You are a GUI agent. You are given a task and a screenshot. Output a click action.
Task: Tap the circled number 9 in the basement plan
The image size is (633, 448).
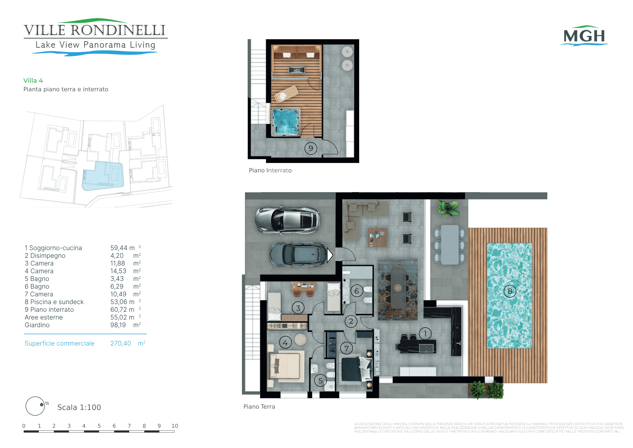click(311, 148)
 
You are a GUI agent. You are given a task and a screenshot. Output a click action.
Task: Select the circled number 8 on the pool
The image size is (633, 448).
click(510, 291)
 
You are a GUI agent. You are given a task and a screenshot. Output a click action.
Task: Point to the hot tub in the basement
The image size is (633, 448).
click(285, 122)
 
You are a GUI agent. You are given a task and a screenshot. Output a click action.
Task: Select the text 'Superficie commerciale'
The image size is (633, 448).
click(60, 343)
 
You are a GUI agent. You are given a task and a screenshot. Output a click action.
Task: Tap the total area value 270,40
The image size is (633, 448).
click(120, 343)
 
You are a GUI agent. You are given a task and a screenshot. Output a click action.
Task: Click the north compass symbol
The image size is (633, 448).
click(35, 406)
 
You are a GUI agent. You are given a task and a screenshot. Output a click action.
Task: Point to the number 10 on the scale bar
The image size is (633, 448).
click(174, 426)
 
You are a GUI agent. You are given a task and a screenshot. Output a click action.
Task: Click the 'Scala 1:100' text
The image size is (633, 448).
click(79, 408)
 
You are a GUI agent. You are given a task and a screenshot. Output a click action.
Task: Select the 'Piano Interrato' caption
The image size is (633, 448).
click(270, 171)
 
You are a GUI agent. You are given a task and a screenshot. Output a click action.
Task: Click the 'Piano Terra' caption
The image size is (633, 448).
click(259, 406)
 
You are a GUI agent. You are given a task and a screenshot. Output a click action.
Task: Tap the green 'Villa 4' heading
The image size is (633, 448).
click(33, 81)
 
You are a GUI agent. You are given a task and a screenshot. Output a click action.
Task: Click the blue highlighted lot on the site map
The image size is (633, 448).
click(103, 176)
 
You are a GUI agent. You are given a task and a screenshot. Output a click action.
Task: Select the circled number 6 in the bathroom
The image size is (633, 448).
click(357, 291)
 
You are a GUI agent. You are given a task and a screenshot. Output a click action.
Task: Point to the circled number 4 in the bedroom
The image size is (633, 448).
click(285, 343)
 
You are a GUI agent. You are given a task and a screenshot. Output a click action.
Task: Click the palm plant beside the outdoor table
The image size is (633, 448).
click(448, 208)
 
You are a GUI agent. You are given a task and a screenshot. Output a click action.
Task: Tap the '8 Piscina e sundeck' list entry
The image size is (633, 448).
click(54, 302)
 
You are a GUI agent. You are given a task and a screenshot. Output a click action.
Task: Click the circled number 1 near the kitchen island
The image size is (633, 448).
click(425, 334)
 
